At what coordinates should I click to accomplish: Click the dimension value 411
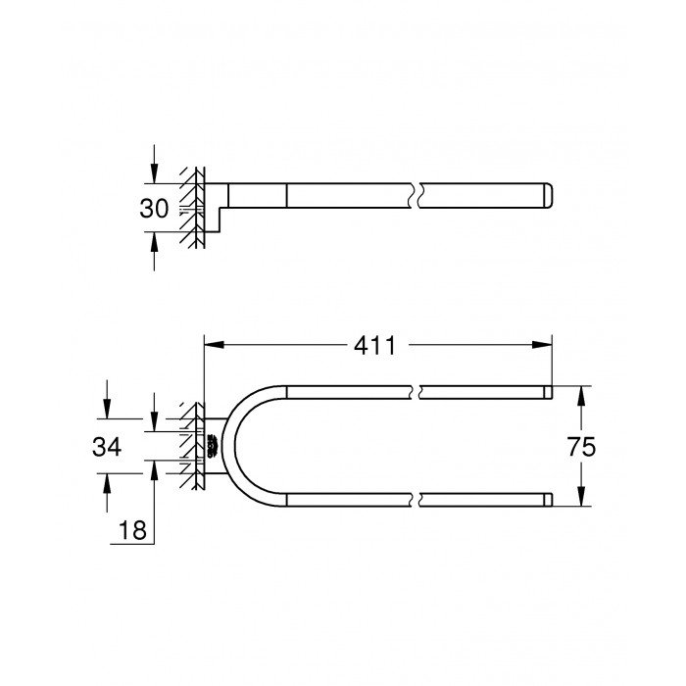coord(376,345)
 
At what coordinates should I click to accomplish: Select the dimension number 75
coord(609,447)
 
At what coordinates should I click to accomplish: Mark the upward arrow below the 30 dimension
coord(154,239)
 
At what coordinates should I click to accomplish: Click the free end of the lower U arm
coord(548,499)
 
